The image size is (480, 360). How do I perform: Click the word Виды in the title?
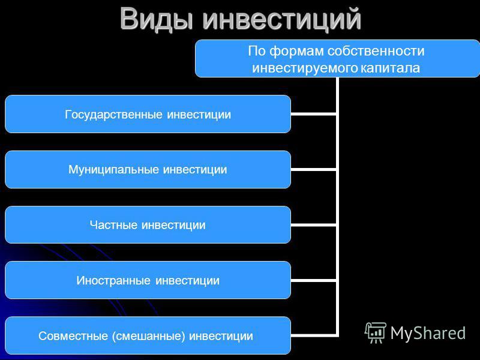click(157, 19)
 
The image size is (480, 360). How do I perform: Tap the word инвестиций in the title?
click(282, 20)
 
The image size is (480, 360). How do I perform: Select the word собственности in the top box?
click(376, 51)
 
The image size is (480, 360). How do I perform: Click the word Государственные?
click(113, 115)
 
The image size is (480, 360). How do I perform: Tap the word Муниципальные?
click(113, 170)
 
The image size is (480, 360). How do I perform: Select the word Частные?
click(113, 225)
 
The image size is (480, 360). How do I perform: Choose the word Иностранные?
click(113, 280)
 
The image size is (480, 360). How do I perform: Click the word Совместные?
click(73, 336)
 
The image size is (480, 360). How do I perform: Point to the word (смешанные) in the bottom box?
click(148, 336)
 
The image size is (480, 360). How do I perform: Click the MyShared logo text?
click(428, 333)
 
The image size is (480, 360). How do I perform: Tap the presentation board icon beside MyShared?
click(376, 332)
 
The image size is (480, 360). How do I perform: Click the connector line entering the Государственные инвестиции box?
click(313, 114)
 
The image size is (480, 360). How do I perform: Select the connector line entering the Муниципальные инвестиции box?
click(313, 169)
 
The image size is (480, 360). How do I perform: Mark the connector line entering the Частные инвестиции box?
click(313, 225)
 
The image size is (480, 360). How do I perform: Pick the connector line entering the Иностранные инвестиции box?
click(313, 280)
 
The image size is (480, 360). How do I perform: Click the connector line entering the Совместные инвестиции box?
click(313, 335)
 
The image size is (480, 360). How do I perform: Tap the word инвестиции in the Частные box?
click(173, 226)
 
